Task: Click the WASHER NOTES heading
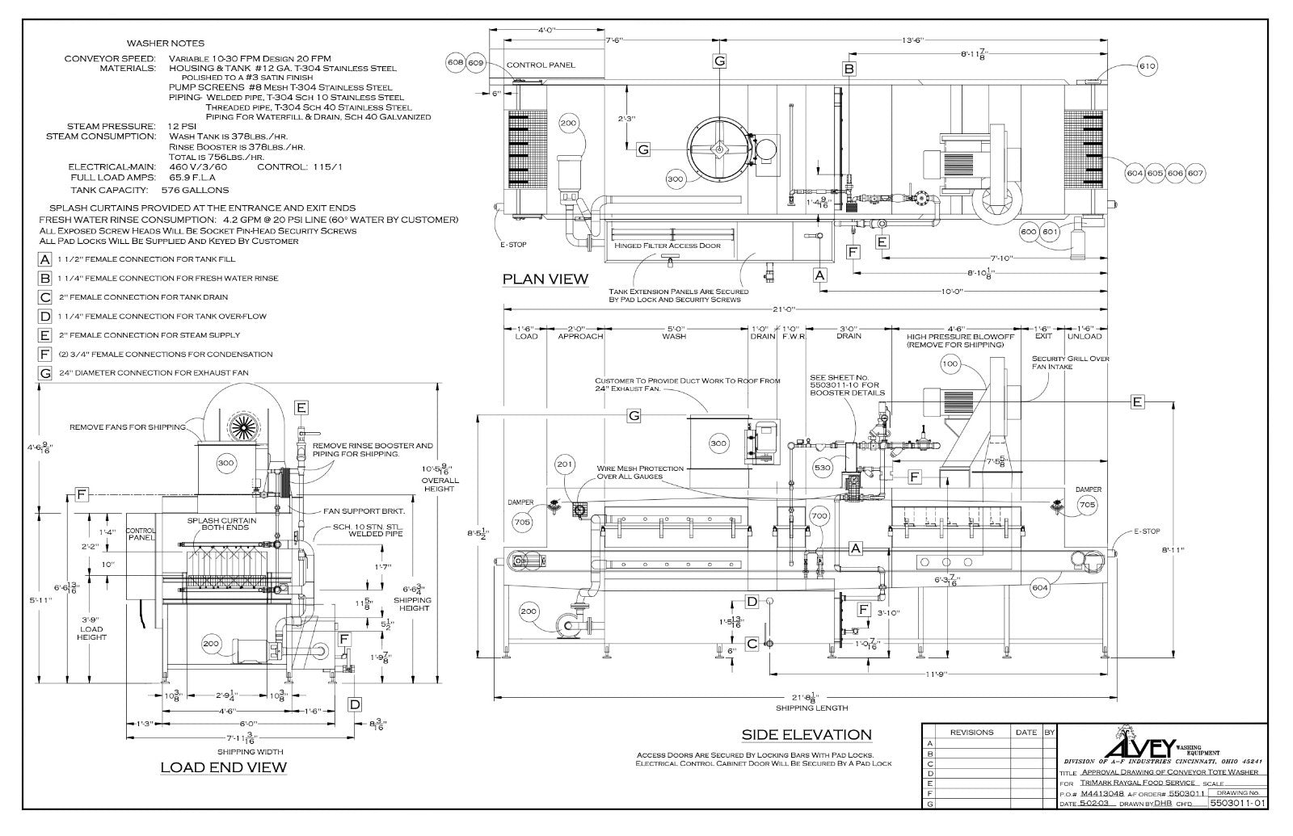(166, 43)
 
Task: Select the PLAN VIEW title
(545, 279)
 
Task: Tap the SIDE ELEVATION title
(807, 734)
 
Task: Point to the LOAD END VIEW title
(223, 767)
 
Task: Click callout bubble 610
(1147, 65)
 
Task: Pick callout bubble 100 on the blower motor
(950, 364)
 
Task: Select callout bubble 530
(823, 468)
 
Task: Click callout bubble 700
(819, 515)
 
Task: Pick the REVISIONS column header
(971, 732)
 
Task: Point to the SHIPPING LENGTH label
(812, 708)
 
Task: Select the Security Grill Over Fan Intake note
(1070, 362)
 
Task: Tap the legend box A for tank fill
(45, 259)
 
